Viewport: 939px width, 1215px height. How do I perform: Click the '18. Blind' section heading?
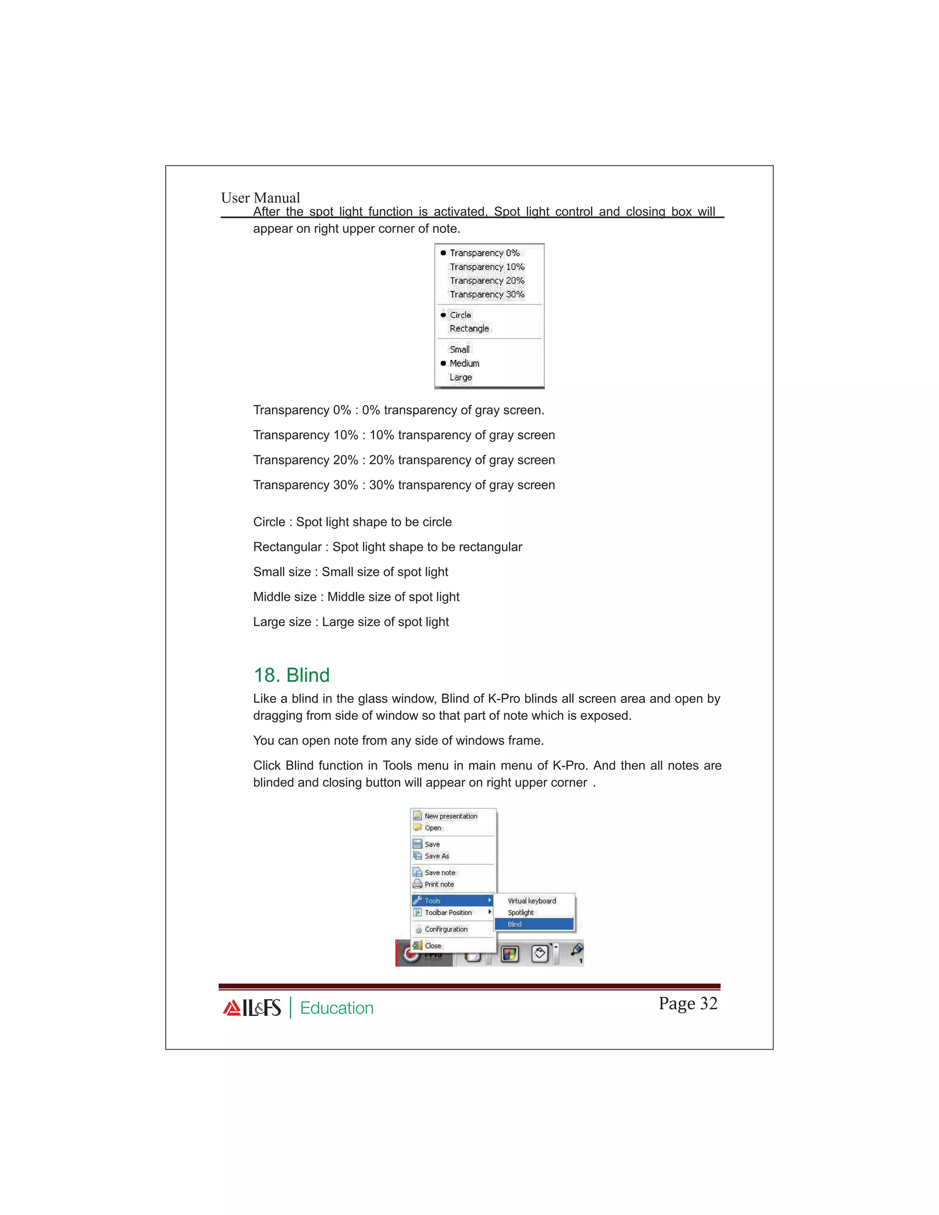(292, 675)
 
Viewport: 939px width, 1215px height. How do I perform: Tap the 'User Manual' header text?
(260, 198)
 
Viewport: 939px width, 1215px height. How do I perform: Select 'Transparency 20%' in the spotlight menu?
(487, 281)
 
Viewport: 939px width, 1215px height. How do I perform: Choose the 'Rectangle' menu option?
(469, 328)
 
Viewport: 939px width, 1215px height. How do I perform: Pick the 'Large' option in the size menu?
(461, 377)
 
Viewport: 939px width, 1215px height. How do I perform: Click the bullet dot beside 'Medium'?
(443, 363)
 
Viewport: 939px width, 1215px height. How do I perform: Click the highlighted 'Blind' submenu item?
(514, 924)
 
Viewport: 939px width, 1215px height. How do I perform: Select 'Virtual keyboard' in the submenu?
(531, 900)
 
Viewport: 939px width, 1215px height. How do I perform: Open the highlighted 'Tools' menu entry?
(433, 900)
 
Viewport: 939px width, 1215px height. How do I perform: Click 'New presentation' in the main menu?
(451, 816)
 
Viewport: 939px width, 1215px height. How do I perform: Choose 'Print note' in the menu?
(439, 884)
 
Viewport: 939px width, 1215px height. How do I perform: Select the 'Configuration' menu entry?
(446, 929)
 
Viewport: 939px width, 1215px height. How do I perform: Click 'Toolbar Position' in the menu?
(448, 912)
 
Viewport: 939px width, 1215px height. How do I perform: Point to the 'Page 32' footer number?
(688, 1003)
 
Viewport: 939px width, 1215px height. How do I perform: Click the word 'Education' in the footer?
(337, 1008)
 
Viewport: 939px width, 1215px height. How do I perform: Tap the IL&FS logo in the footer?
(252, 1007)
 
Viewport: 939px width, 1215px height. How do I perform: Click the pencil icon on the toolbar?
(577, 949)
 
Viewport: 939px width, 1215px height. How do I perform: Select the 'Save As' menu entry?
(436, 856)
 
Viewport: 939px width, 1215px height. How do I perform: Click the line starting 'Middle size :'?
(356, 597)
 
